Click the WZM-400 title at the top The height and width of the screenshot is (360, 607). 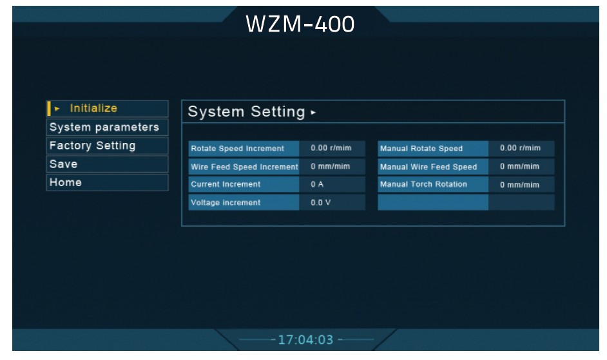coord(300,24)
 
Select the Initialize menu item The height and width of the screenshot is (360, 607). coord(93,108)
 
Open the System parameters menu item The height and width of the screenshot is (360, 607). coord(104,127)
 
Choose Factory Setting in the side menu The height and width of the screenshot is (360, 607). coord(93,146)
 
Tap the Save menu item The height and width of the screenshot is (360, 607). coord(64,164)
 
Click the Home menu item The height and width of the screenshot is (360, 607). coord(66,182)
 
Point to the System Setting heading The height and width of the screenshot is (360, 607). coord(247,111)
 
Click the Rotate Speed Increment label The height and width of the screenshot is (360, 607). coord(237,149)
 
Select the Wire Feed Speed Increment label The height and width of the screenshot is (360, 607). coord(244,167)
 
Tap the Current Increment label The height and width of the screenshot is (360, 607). coord(226,184)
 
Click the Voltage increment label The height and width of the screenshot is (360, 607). coord(226,203)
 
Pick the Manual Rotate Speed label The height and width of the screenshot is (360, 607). coord(421,149)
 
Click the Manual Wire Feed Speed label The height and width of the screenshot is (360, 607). coord(429,167)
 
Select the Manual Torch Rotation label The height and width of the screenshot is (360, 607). coord(423,184)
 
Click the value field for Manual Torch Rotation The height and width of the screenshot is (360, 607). coord(520,185)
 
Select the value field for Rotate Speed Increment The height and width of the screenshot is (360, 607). coord(331,148)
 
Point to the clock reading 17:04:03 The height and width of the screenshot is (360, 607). coord(305,339)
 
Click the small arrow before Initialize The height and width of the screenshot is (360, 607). coord(57,108)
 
